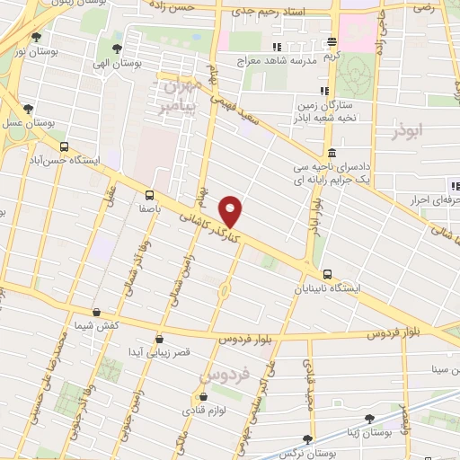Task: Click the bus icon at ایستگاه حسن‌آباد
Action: point(63,147)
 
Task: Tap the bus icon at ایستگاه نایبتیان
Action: point(326,274)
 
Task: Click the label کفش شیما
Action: point(119,326)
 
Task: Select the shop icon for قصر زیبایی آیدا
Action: point(159,339)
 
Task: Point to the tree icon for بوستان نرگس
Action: point(308,439)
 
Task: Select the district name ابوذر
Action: point(413,132)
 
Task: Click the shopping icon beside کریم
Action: point(332,41)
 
